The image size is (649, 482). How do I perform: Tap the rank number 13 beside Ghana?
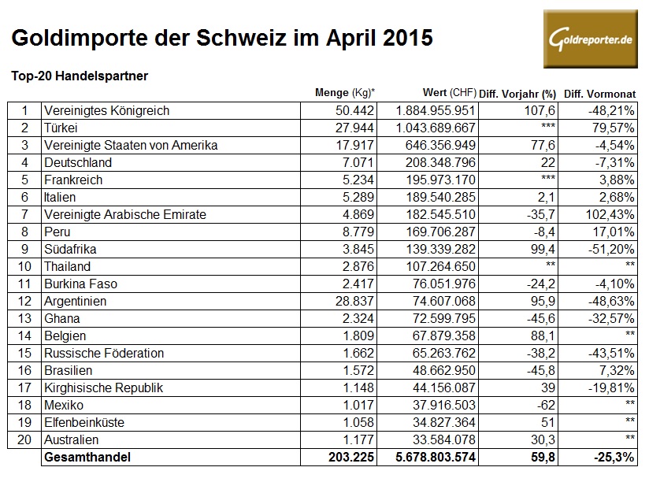click(24, 318)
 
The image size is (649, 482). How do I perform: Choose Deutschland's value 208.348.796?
click(434, 162)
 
